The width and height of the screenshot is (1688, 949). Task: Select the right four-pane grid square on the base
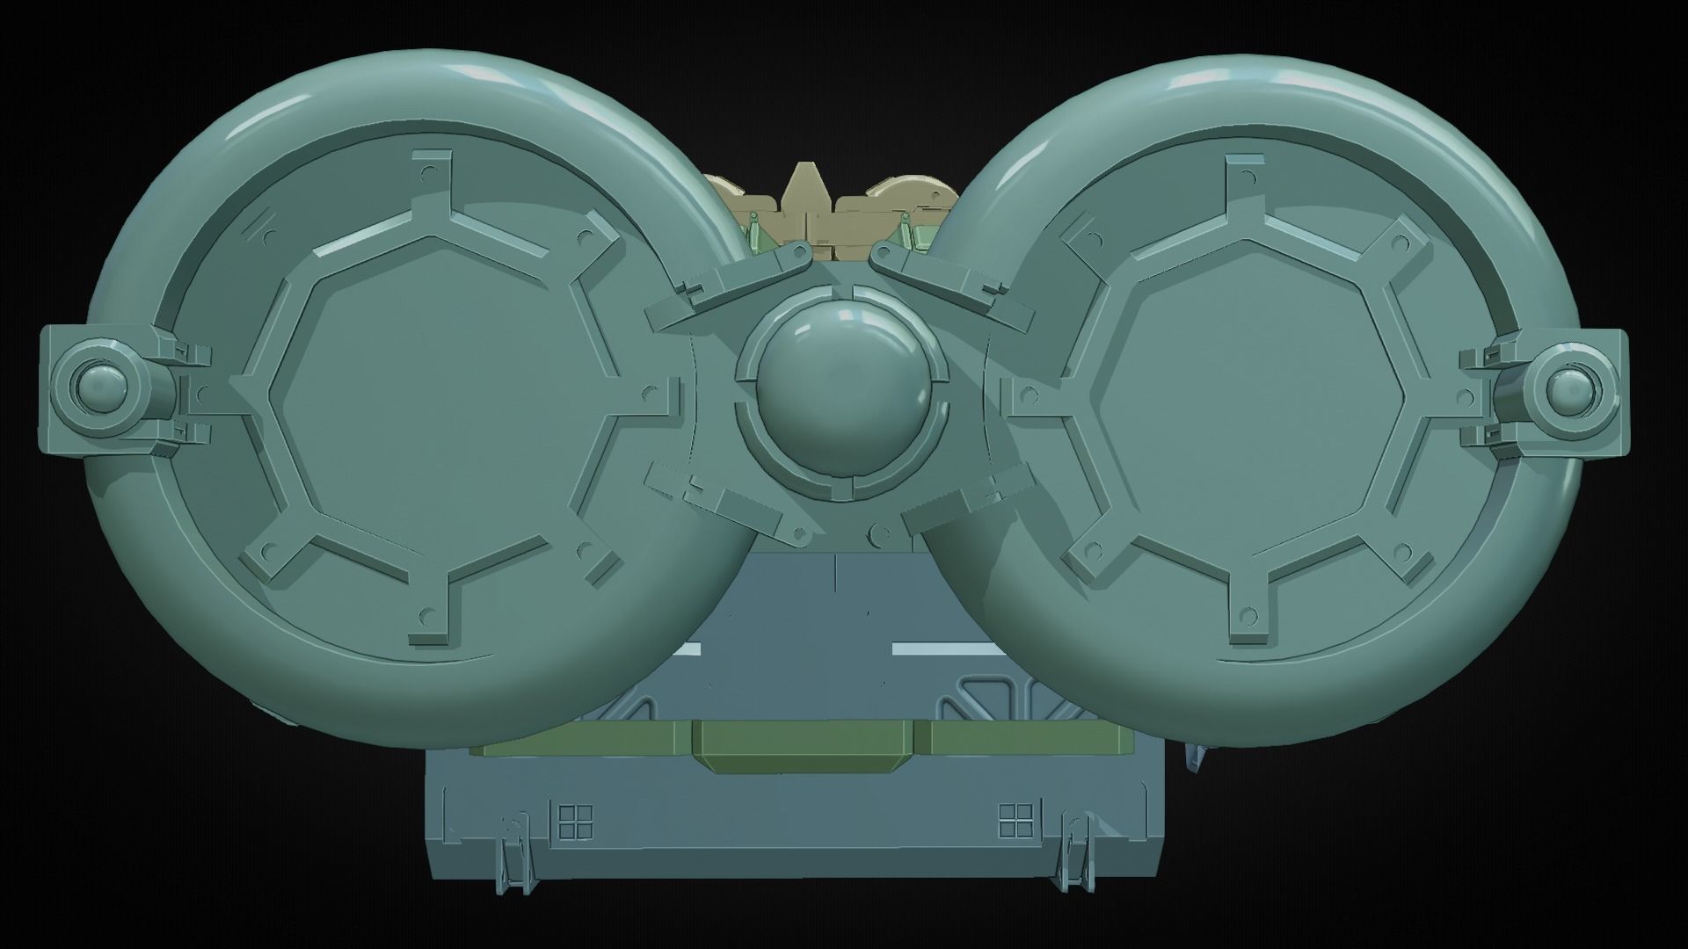1015,822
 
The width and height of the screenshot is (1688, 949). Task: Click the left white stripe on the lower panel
692,650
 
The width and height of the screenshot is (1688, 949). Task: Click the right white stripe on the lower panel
942,650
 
